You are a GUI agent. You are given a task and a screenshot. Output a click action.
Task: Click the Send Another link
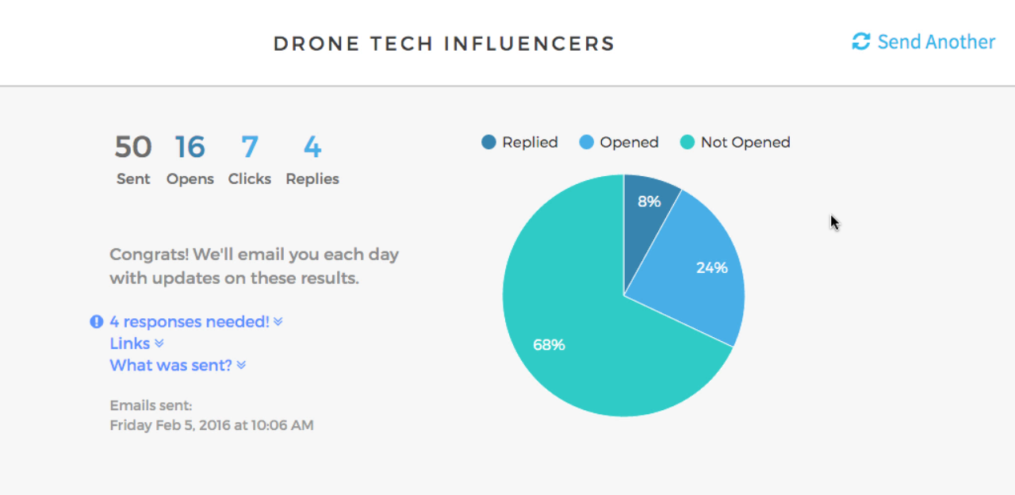936,42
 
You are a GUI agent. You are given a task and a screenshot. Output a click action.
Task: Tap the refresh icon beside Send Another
860,41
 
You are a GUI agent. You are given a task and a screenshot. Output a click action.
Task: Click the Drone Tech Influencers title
444,44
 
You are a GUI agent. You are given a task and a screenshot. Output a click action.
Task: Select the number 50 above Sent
133,148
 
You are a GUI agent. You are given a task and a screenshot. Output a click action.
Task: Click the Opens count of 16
190,148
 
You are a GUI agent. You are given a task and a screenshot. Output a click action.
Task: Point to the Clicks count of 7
250,148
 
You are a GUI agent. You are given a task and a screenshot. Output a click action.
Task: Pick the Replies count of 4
312,148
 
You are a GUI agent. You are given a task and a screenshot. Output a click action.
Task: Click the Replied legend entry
520,143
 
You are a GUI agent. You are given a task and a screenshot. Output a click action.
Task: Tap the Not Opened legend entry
736,143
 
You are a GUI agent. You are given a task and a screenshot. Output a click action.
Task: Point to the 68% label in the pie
549,345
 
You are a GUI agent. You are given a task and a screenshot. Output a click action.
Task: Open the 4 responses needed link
190,322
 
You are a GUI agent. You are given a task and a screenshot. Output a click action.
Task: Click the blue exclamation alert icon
97,322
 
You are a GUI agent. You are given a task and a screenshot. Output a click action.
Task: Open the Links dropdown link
130,343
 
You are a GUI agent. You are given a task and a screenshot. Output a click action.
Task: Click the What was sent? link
171,365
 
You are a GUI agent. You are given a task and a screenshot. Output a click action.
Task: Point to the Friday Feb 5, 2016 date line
212,425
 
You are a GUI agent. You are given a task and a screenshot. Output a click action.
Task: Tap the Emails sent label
151,405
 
